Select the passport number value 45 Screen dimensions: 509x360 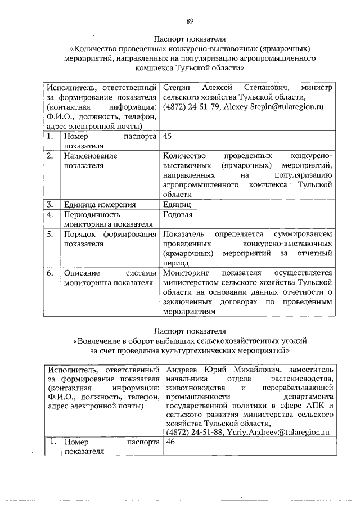167,136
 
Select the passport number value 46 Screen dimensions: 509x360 167,443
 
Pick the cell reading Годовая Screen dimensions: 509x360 178,215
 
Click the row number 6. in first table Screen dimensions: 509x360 51,273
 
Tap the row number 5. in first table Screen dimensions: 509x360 51,234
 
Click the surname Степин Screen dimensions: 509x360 175,88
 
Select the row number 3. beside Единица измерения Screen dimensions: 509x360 51,204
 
